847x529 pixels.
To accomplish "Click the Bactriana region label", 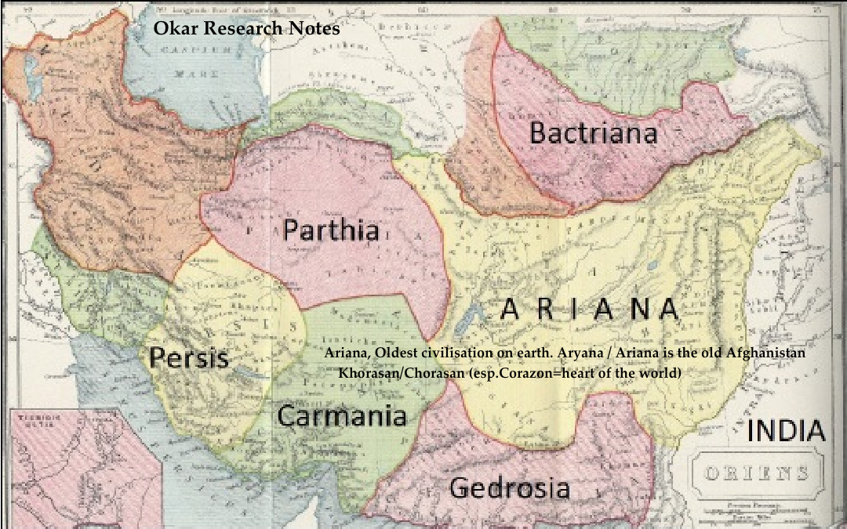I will coord(593,132).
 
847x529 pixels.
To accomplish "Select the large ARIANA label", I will coord(588,310).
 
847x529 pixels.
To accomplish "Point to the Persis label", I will coord(189,358).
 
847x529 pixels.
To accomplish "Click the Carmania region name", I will coord(342,415).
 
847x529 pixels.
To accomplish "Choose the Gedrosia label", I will coord(509,487).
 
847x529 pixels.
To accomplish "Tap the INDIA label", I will coord(785,431).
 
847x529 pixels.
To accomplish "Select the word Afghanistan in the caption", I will coord(765,353).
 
